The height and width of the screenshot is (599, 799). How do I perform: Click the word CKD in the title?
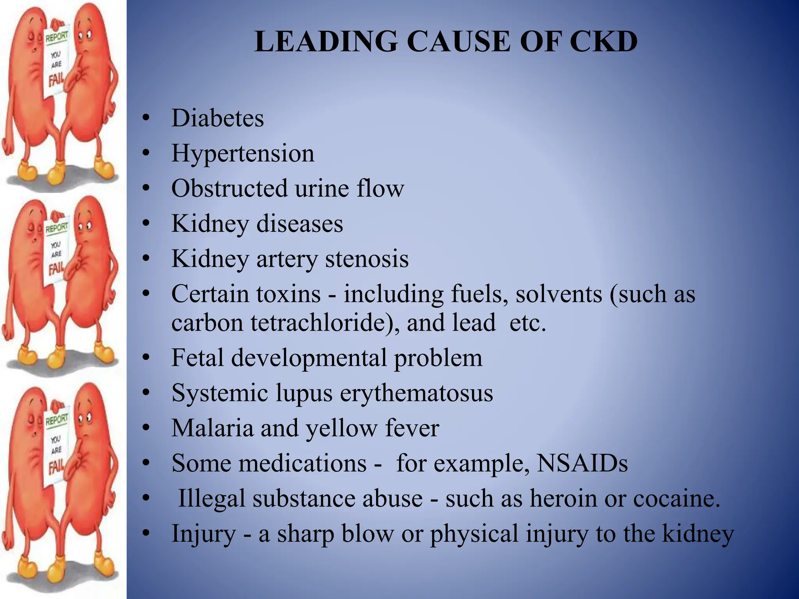[604, 41]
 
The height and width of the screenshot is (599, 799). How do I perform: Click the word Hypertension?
[243, 153]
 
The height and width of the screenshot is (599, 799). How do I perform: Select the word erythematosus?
[416, 393]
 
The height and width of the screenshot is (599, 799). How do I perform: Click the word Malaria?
[213, 428]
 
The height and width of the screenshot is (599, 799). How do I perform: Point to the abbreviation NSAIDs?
[582, 463]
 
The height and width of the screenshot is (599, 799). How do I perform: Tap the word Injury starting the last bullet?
[204, 534]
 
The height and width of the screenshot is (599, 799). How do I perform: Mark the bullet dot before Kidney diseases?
[146, 223]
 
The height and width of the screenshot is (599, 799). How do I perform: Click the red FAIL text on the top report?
[56, 81]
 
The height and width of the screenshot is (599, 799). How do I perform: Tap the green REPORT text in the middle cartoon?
[56, 227]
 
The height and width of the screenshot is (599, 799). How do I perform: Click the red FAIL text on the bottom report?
[56, 466]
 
